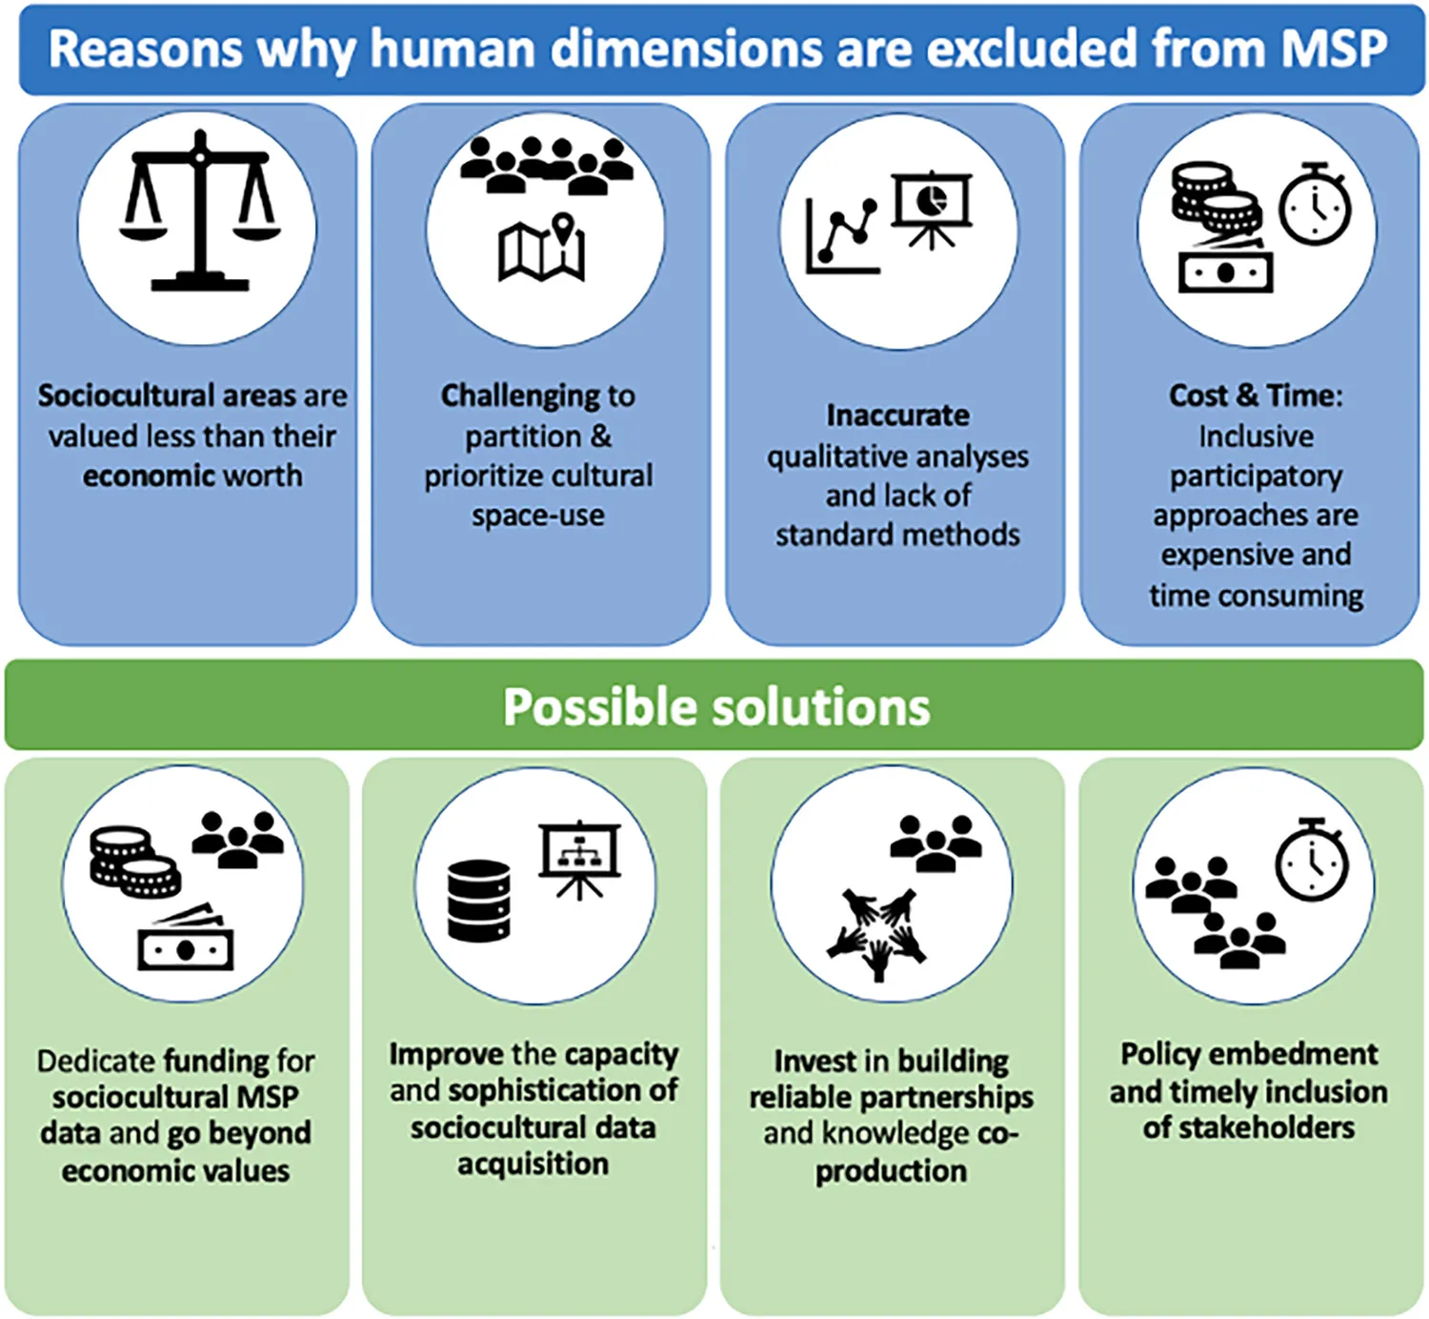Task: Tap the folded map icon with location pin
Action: click(x=542, y=249)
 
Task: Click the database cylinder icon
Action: click(x=478, y=901)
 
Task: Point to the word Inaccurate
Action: click(x=897, y=416)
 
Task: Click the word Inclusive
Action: click(x=1256, y=436)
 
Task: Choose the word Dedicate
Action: click(x=95, y=1061)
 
